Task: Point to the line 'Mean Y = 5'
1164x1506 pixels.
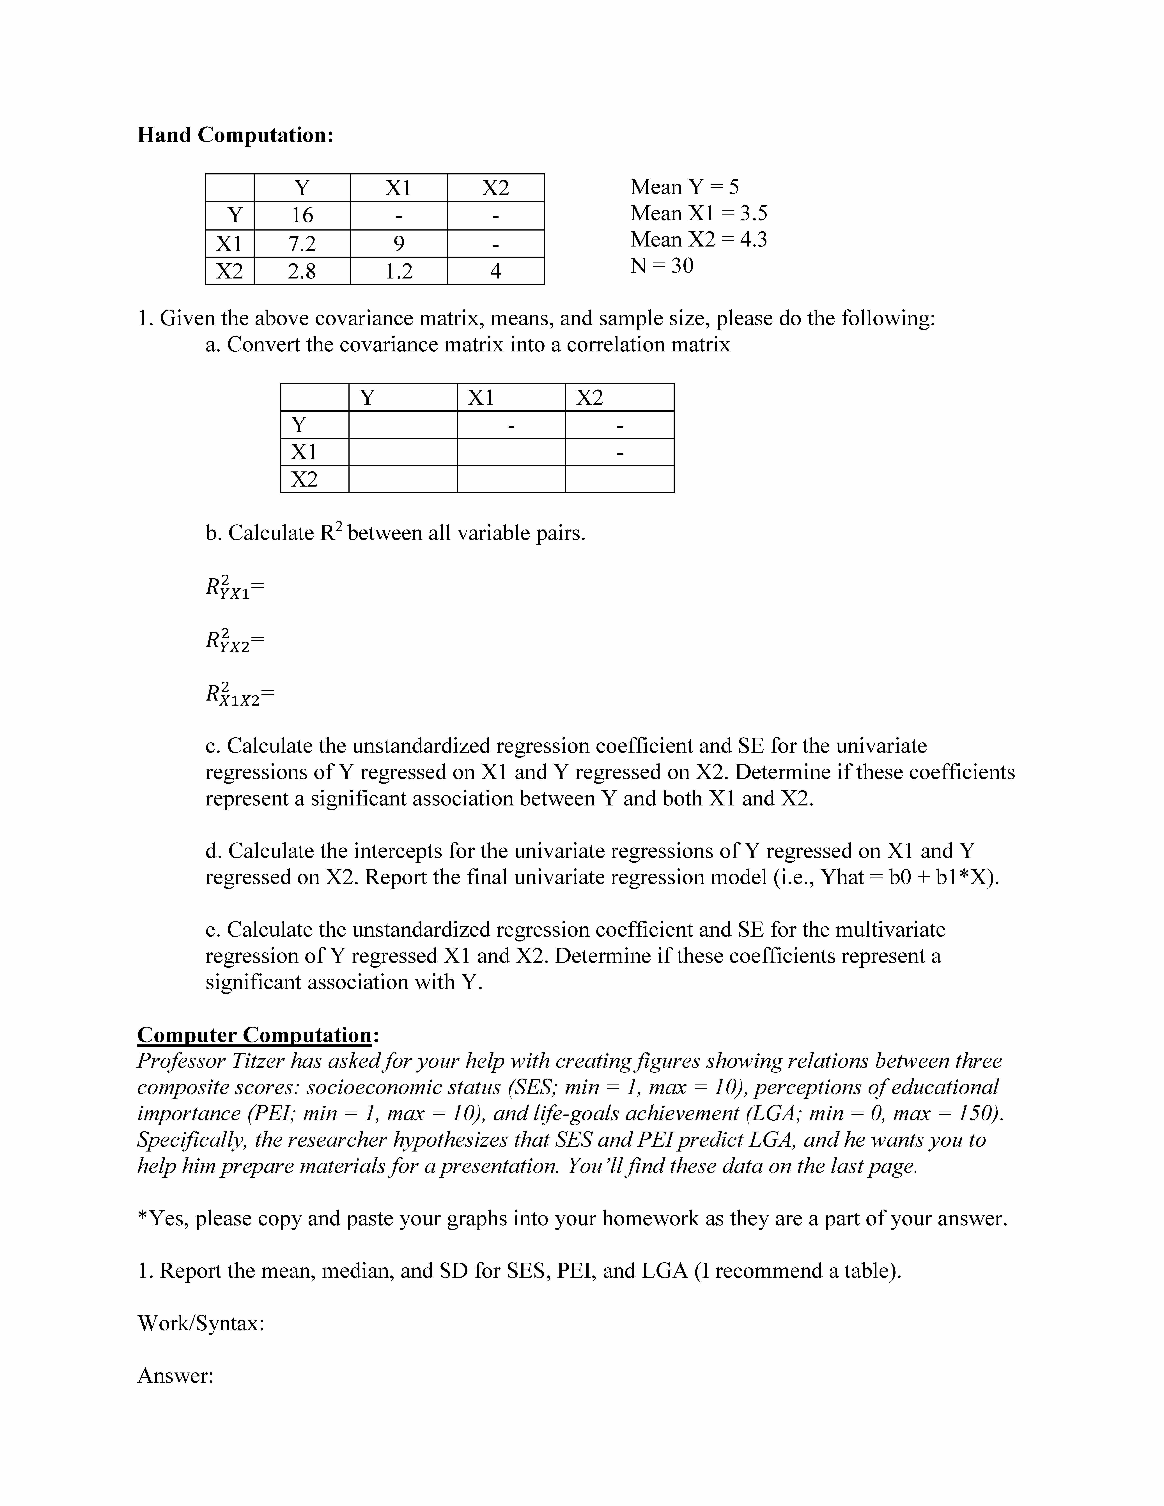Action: coord(684,187)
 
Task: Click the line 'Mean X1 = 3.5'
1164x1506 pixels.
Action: coord(698,213)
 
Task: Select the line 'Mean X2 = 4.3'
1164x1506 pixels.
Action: coord(698,239)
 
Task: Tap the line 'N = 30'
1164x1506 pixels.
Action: coord(661,266)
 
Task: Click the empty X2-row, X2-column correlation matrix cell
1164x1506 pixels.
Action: coord(619,479)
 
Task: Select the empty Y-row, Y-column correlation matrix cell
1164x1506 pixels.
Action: coord(403,425)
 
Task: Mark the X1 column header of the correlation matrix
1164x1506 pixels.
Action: coord(481,398)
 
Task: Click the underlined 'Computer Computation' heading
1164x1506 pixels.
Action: coord(254,1035)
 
